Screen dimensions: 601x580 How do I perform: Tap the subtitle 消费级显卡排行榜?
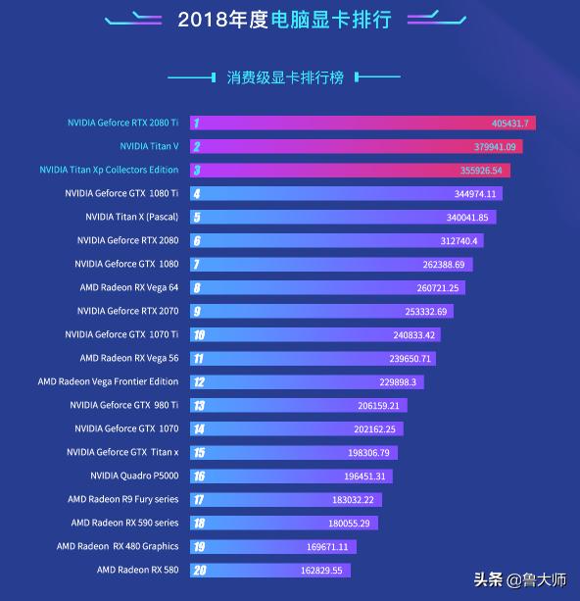click(285, 76)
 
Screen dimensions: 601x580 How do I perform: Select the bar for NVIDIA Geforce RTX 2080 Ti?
click(362, 124)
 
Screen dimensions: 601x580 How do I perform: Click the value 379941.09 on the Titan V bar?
click(495, 147)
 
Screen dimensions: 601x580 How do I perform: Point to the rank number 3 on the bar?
click(197, 171)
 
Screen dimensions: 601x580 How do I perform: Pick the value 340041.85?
click(467, 218)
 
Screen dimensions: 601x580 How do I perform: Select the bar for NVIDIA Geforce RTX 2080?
click(336, 241)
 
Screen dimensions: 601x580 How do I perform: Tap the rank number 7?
click(197, 265)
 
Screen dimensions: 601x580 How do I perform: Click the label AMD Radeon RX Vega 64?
click(128, 287)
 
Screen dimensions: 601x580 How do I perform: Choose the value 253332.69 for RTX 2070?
click(425, 312)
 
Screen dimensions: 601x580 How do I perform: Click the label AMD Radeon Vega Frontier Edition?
click(108, 381)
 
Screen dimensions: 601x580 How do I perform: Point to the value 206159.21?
click(379, 406)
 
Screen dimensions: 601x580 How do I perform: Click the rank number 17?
click(198, 499)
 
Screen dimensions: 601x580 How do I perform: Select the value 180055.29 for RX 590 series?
click(353, 524)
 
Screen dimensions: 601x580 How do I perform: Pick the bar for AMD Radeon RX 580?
click(269, 570)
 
